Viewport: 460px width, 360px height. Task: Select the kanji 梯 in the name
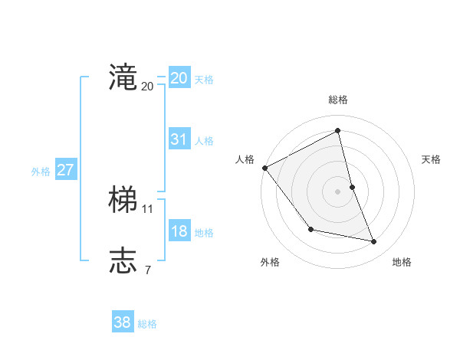click(123, 200)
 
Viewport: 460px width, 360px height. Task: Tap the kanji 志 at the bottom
click(123, 260)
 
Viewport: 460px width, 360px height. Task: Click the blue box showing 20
click(179, 78)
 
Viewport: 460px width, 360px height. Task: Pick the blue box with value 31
click(179, 139)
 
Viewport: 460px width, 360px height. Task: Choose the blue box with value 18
click(179, 231)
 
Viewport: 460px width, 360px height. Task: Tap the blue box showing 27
click(65, 170)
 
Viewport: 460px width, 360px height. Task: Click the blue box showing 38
click(122, 322)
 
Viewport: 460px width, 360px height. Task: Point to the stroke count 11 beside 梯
click(148, 208)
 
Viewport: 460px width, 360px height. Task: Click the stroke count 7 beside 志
click(147, 270)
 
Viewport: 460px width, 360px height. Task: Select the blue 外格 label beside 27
click(41, 172)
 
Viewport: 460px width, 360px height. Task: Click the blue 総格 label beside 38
click(147, 324)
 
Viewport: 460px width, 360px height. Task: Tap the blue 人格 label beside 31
click(204, 141)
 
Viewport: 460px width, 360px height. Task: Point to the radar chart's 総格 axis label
click(337, 100)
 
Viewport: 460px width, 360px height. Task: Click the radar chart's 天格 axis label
click(431, 159)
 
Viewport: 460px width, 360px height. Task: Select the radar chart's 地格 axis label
click(402, 262)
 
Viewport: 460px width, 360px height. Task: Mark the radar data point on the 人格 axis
click(264, 168)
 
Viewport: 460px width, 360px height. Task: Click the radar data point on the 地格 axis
click(374, 242)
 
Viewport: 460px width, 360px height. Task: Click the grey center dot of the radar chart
click(337, 191)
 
